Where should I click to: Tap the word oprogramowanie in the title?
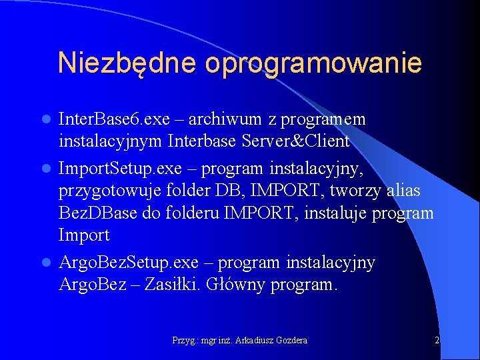coord(313,64)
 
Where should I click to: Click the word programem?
coord(323,119)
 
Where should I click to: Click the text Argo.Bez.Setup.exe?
coord(133,263)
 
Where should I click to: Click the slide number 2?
coord(437,340)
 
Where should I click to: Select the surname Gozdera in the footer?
coord(289,340)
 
